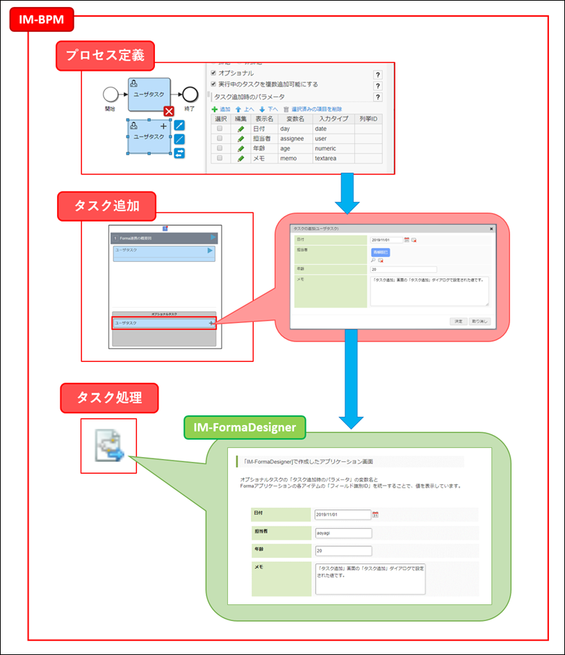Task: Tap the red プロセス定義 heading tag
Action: click(x=105, y=56)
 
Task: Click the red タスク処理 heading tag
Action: click(x=109, y=397)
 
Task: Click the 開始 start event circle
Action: click(x=110, y=95)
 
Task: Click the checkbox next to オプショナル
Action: click(x=213, y=73)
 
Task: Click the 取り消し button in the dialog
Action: click(x=480, y=322)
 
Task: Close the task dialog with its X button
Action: click(x=491, y=228)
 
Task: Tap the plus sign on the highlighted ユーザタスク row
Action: click(x=211, y=324)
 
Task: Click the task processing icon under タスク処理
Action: click(x=109, y=446)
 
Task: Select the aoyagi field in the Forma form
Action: click(x=343, y=533)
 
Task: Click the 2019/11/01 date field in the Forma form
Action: click(x=343, y=515)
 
